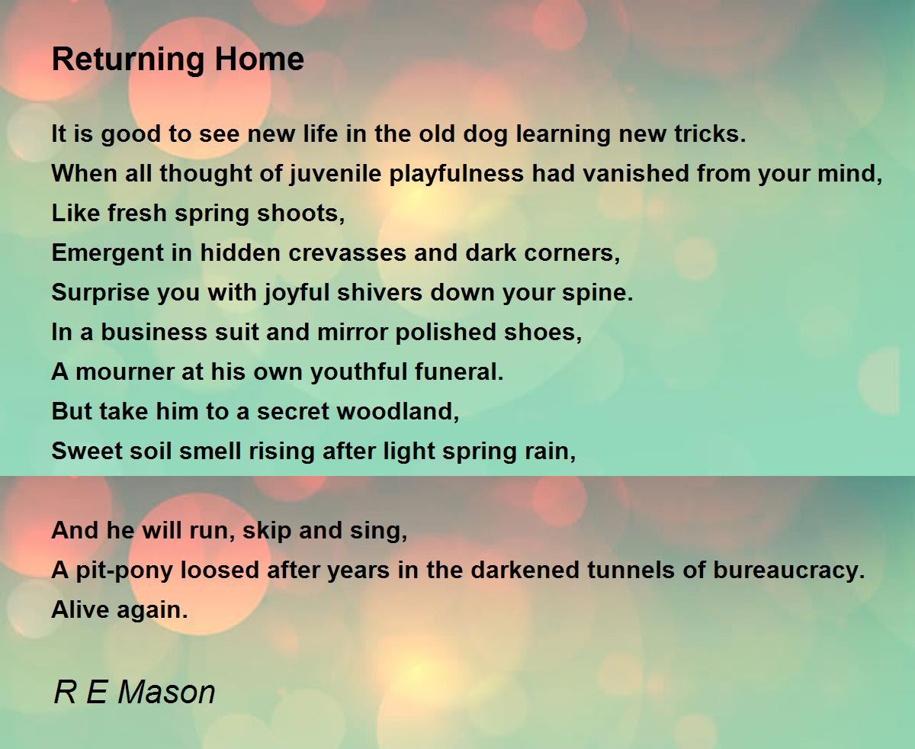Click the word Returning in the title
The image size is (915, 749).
[x=128, y=60]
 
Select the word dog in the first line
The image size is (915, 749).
[x=486, y=134]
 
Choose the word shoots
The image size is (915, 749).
[x=301, y=214]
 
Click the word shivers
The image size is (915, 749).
[x=380, y=292]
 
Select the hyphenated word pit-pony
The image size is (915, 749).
[x=124, y=571]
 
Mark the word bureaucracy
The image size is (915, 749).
[x=789, y=571]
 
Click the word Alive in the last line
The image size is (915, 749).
[x=80, y=609]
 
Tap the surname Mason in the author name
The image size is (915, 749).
[x=166, y=692]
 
